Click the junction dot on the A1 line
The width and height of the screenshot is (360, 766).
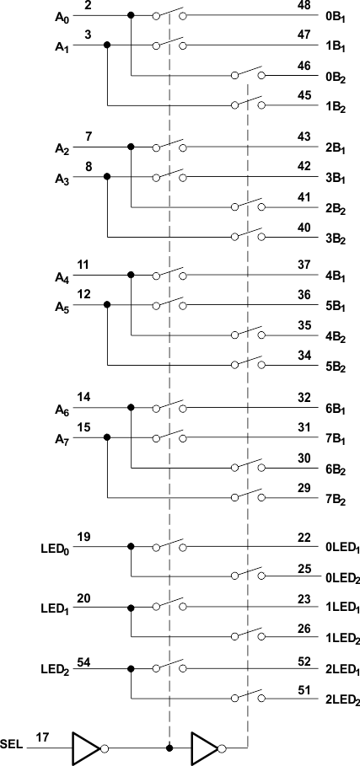(x=107, y=46)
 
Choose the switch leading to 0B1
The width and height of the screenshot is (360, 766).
(x=169, y=13)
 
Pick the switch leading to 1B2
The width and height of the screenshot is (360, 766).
(x=248, y=102)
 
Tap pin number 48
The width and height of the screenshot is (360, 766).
(x=304, y=5)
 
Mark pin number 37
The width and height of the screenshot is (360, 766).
(x=304, y=265)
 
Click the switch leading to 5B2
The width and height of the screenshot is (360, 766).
(x=248, y=362)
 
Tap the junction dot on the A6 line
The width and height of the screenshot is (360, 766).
(x=131, y=407)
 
